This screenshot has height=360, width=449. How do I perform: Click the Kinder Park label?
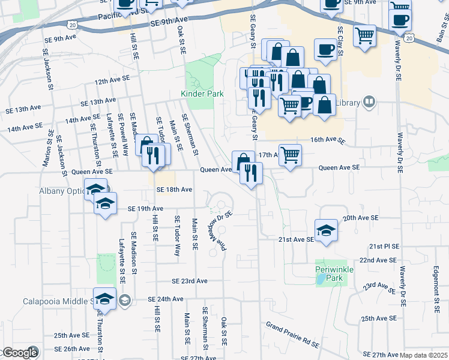(202, 94)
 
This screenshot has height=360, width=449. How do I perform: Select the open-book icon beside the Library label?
(369, 103)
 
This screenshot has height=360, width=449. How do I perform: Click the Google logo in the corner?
(19, 353)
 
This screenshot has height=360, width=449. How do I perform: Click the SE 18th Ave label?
(174, 190)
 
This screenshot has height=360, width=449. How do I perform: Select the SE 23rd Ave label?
(189, 281)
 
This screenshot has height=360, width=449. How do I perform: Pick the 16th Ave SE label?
(328, 140)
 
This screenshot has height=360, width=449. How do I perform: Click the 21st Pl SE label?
(384, 247)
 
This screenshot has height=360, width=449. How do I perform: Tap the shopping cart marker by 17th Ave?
(290, 155)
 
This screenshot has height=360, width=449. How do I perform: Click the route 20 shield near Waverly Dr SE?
(408, 38)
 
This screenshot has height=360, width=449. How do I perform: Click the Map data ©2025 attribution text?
(423, 355)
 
